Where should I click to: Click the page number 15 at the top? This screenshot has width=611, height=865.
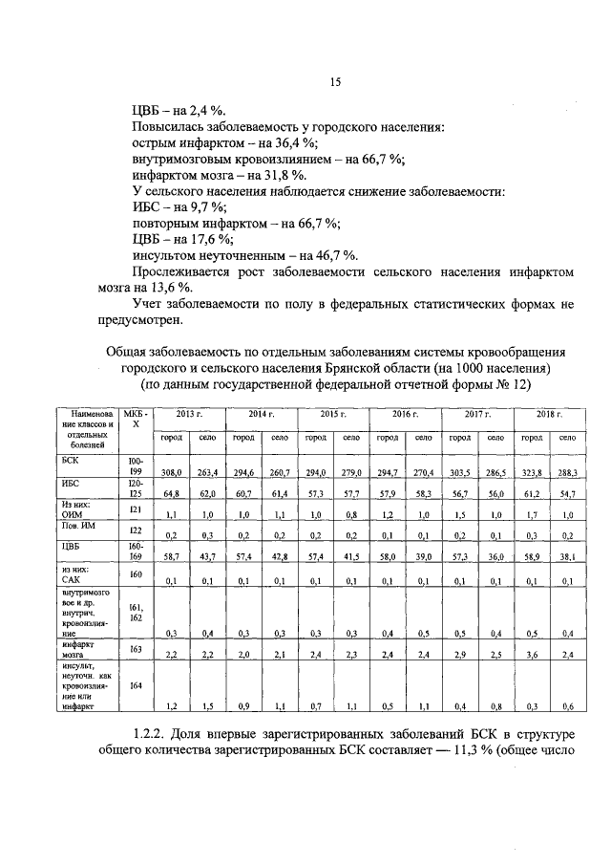click(x=335, y=82)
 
